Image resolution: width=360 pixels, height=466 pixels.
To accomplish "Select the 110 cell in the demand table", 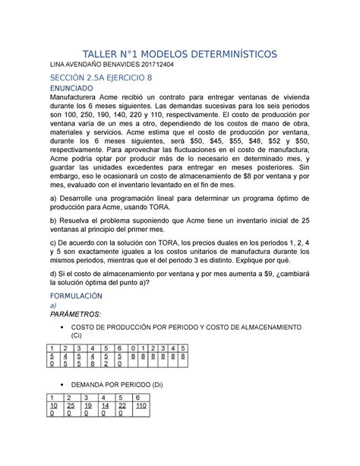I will (142, 407).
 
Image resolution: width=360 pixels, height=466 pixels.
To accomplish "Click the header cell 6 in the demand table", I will (137, 398).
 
